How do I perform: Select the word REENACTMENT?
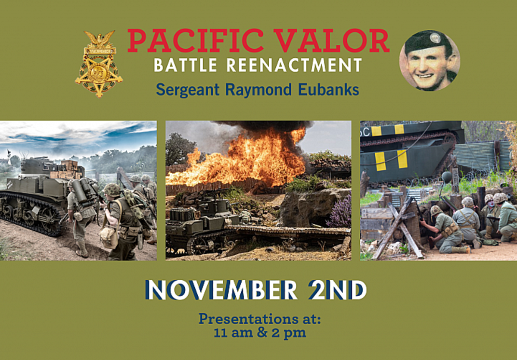tap(294, 65)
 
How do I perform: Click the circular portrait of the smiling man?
tap(430, 60)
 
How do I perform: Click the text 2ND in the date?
tap(338, 290)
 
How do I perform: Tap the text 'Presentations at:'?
tap(260, 319)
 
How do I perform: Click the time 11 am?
tap(233, 333)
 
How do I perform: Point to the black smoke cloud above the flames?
tap(263, 127)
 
